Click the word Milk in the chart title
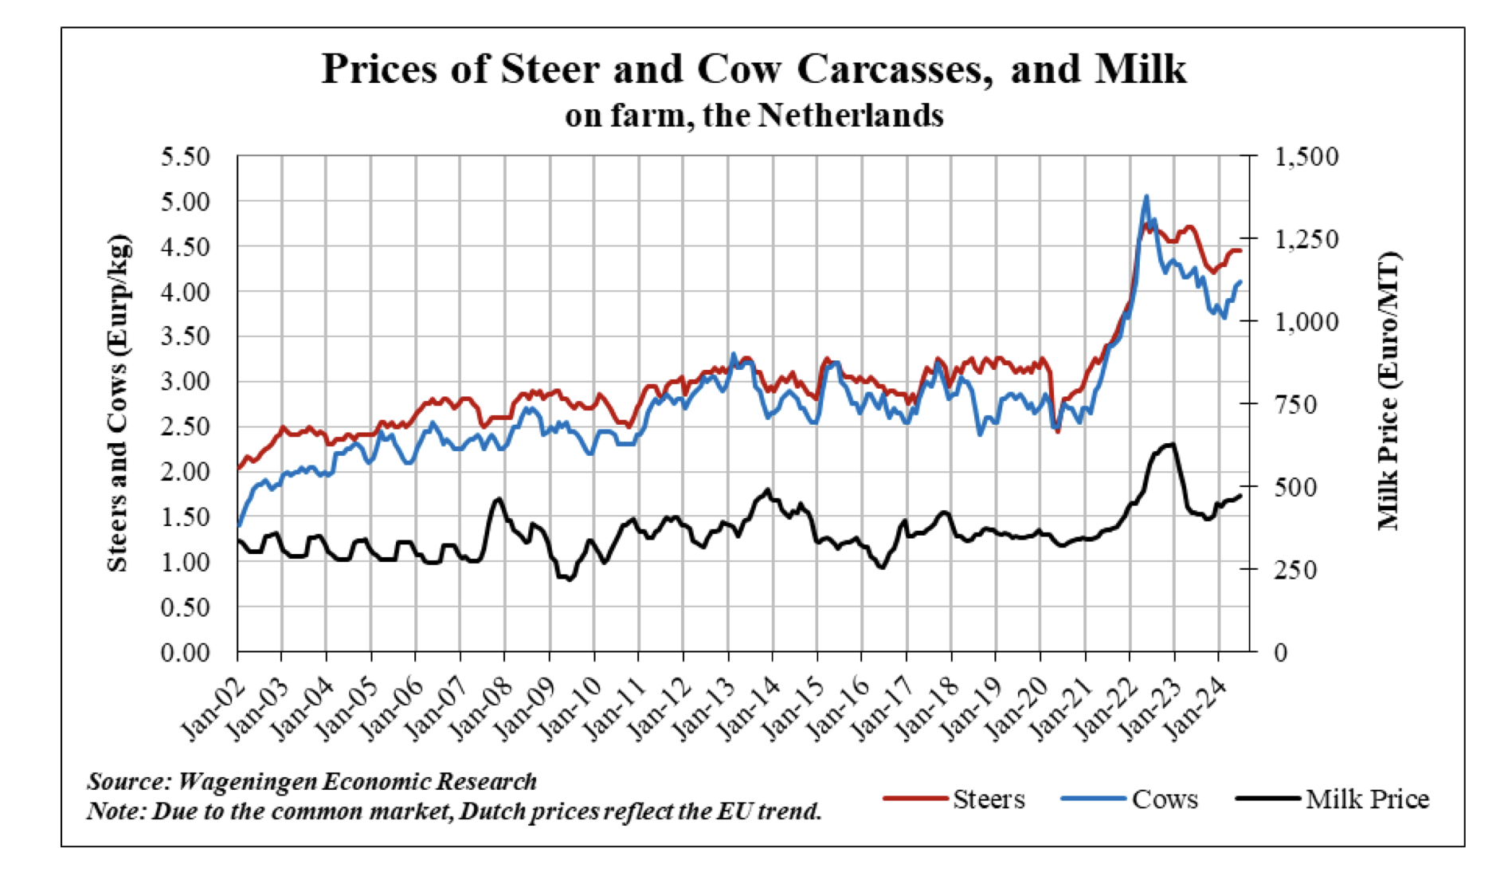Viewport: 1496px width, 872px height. [x=1141, y=69]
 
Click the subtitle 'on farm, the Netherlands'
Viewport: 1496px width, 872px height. [x=754, y=116]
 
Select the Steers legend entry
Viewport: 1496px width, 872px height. [x=988, y=799]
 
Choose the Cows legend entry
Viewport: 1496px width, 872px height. [x=1164, y=799]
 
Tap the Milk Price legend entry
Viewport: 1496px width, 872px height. [x=1366, y=799]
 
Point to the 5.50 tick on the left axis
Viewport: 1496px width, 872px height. [x=185, y=156]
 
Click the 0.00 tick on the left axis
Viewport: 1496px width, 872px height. [x=185, y=653]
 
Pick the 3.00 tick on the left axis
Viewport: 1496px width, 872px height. [x=185, y=382]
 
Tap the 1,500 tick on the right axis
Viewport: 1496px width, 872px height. [x=1306, y=156]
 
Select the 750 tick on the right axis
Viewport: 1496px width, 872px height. [x=1296, y=404]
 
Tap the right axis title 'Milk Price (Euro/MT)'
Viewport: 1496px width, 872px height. [x=1388, y=391]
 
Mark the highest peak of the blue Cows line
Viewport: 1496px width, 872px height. [x=1146, y=196]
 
